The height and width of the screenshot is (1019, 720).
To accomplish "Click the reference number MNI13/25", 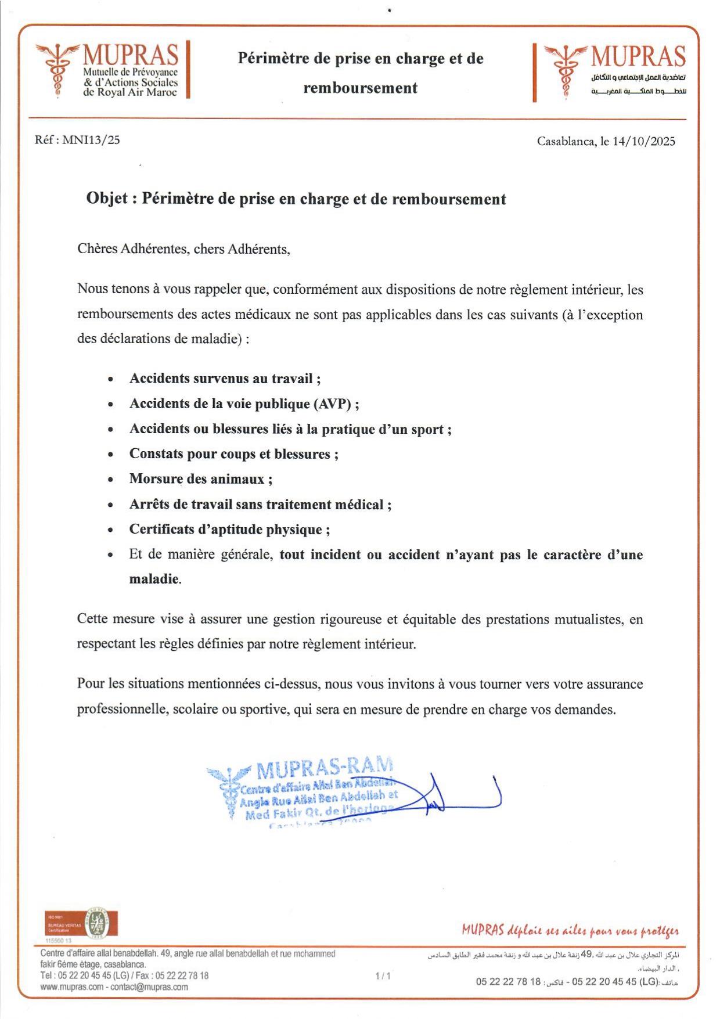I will [x=91, y=140].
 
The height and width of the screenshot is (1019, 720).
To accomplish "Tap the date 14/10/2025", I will [x=644, y=141].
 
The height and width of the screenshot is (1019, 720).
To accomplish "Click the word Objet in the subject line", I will [x=107, y=199].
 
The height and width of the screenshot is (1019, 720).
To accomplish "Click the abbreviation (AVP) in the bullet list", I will [x=333, y=404].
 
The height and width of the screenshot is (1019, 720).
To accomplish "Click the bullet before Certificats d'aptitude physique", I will [x=111, y=530].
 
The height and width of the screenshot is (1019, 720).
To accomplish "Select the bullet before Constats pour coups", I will [x=111, y=455].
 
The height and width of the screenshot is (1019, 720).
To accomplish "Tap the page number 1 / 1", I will [x=383, y=976].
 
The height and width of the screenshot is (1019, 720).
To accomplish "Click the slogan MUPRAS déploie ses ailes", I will [x=570, y=931].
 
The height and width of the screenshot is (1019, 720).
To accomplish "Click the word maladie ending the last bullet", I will [x=154, y=579].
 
